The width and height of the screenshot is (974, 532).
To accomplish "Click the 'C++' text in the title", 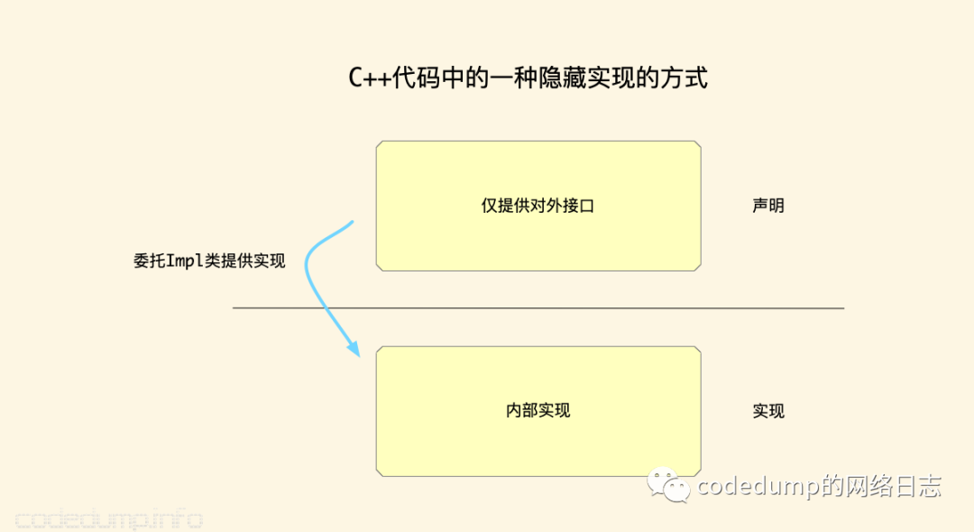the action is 370,78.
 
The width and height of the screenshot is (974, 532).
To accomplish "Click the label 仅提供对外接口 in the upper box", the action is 538,206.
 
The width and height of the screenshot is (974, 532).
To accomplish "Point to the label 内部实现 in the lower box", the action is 538,410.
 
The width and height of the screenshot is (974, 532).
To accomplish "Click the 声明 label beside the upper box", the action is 768,206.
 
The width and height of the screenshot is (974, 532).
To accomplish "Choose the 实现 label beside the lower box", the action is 768,411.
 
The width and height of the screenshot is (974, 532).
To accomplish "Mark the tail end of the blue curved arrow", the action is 353,222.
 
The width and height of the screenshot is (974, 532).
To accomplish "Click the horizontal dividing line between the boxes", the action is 538,307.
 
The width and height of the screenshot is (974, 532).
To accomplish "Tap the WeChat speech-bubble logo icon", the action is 668,485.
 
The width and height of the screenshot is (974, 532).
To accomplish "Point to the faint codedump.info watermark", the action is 109,519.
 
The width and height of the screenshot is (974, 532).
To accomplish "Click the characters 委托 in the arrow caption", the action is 150,261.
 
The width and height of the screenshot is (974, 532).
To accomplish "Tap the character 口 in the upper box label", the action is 587,206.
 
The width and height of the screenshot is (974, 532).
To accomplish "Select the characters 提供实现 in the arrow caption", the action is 253,261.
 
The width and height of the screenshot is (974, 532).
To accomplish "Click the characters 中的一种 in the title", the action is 489,78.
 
